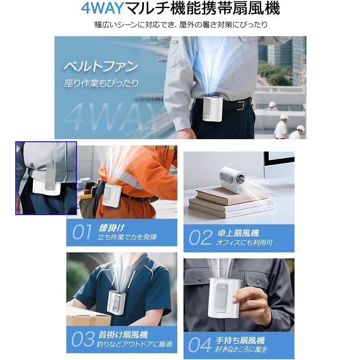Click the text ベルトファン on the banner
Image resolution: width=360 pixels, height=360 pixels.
pos(100,68)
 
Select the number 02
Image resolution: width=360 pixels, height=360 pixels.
pos(200,237)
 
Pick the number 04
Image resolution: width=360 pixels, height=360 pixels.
pos(199,344)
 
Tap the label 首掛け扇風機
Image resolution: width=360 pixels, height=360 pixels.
pos(123,335)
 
